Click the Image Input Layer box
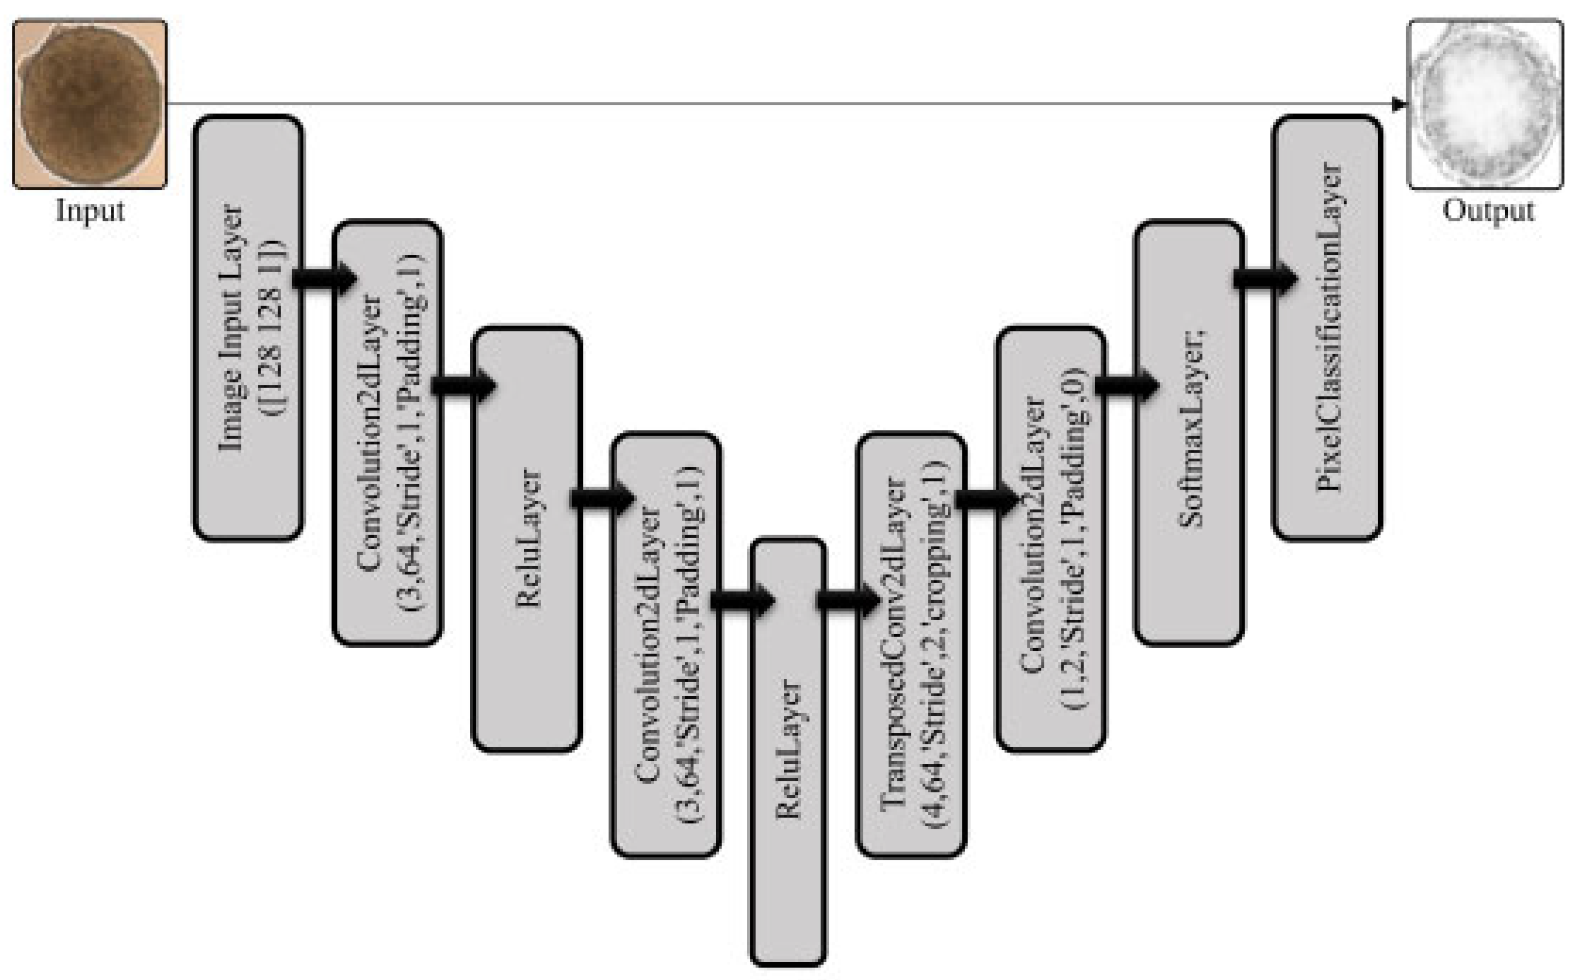pos(248,327)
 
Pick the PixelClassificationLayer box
pos(1327,327)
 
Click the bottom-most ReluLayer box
pos(788,752)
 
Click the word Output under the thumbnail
pos(1488,211)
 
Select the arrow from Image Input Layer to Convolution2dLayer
pos(324,279)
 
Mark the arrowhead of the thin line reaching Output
pos(1400,104)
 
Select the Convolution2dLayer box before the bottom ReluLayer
pos(666,645)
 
